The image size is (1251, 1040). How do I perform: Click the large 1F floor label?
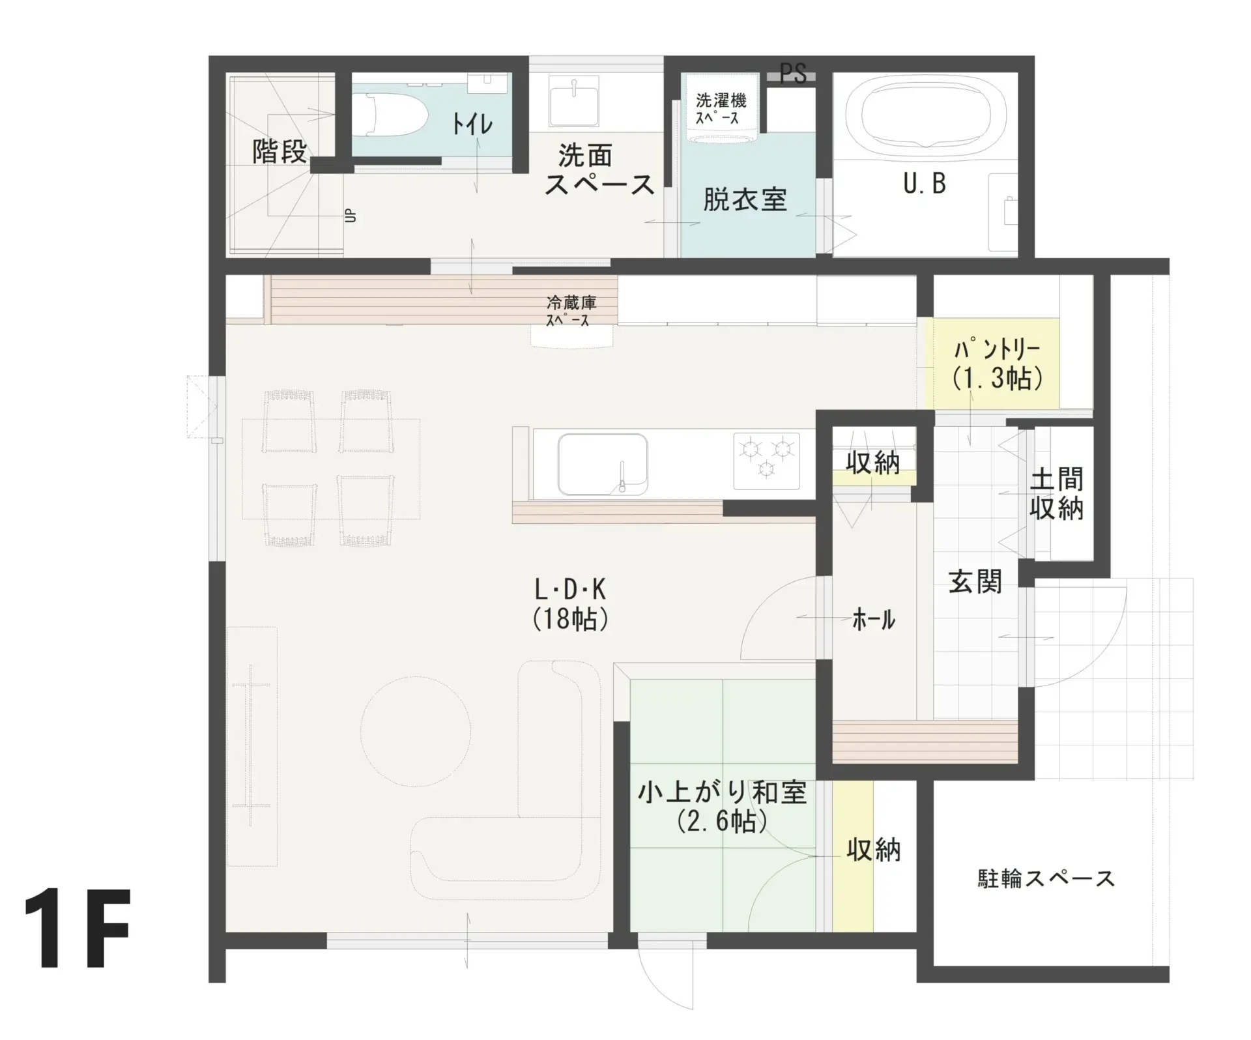click(x=78, y=929)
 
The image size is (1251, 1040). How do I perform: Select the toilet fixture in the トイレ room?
click(x=390, y=115)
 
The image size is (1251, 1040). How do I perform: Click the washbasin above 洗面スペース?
click(x=573, y=102)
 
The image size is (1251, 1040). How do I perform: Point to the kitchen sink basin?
click(x=603, y=464)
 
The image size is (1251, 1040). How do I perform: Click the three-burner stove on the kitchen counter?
click(x=767, y=460)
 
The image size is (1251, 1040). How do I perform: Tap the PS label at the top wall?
click(x=793, y=74)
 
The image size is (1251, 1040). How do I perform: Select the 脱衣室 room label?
click(x=745, y=199)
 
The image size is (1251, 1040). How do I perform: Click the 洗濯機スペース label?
click(x=721, y=109)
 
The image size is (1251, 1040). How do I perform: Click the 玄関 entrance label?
click(x=975, y=581)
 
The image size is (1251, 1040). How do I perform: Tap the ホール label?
click(x=874, y=619)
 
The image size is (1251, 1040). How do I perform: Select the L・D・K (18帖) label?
click(x=571, y=604)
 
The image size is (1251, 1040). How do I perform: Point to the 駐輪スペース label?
click(x=1046, y=879)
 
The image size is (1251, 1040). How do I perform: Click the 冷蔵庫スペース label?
click(x=571, y=311)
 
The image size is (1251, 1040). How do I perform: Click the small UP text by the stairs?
click(x=351, y=215)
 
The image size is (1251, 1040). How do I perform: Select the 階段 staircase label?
click(x=280, y=152)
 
